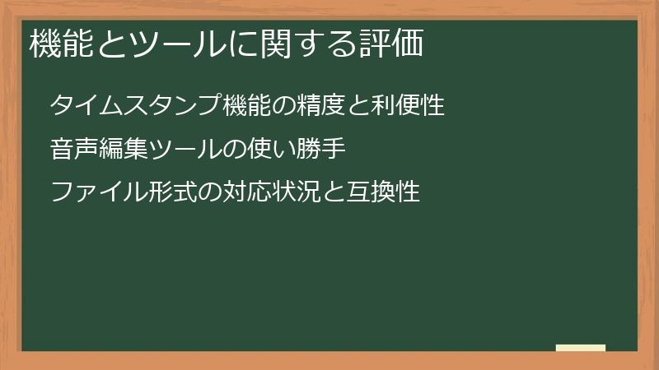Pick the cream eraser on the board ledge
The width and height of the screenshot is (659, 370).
[x=581, y=348]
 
